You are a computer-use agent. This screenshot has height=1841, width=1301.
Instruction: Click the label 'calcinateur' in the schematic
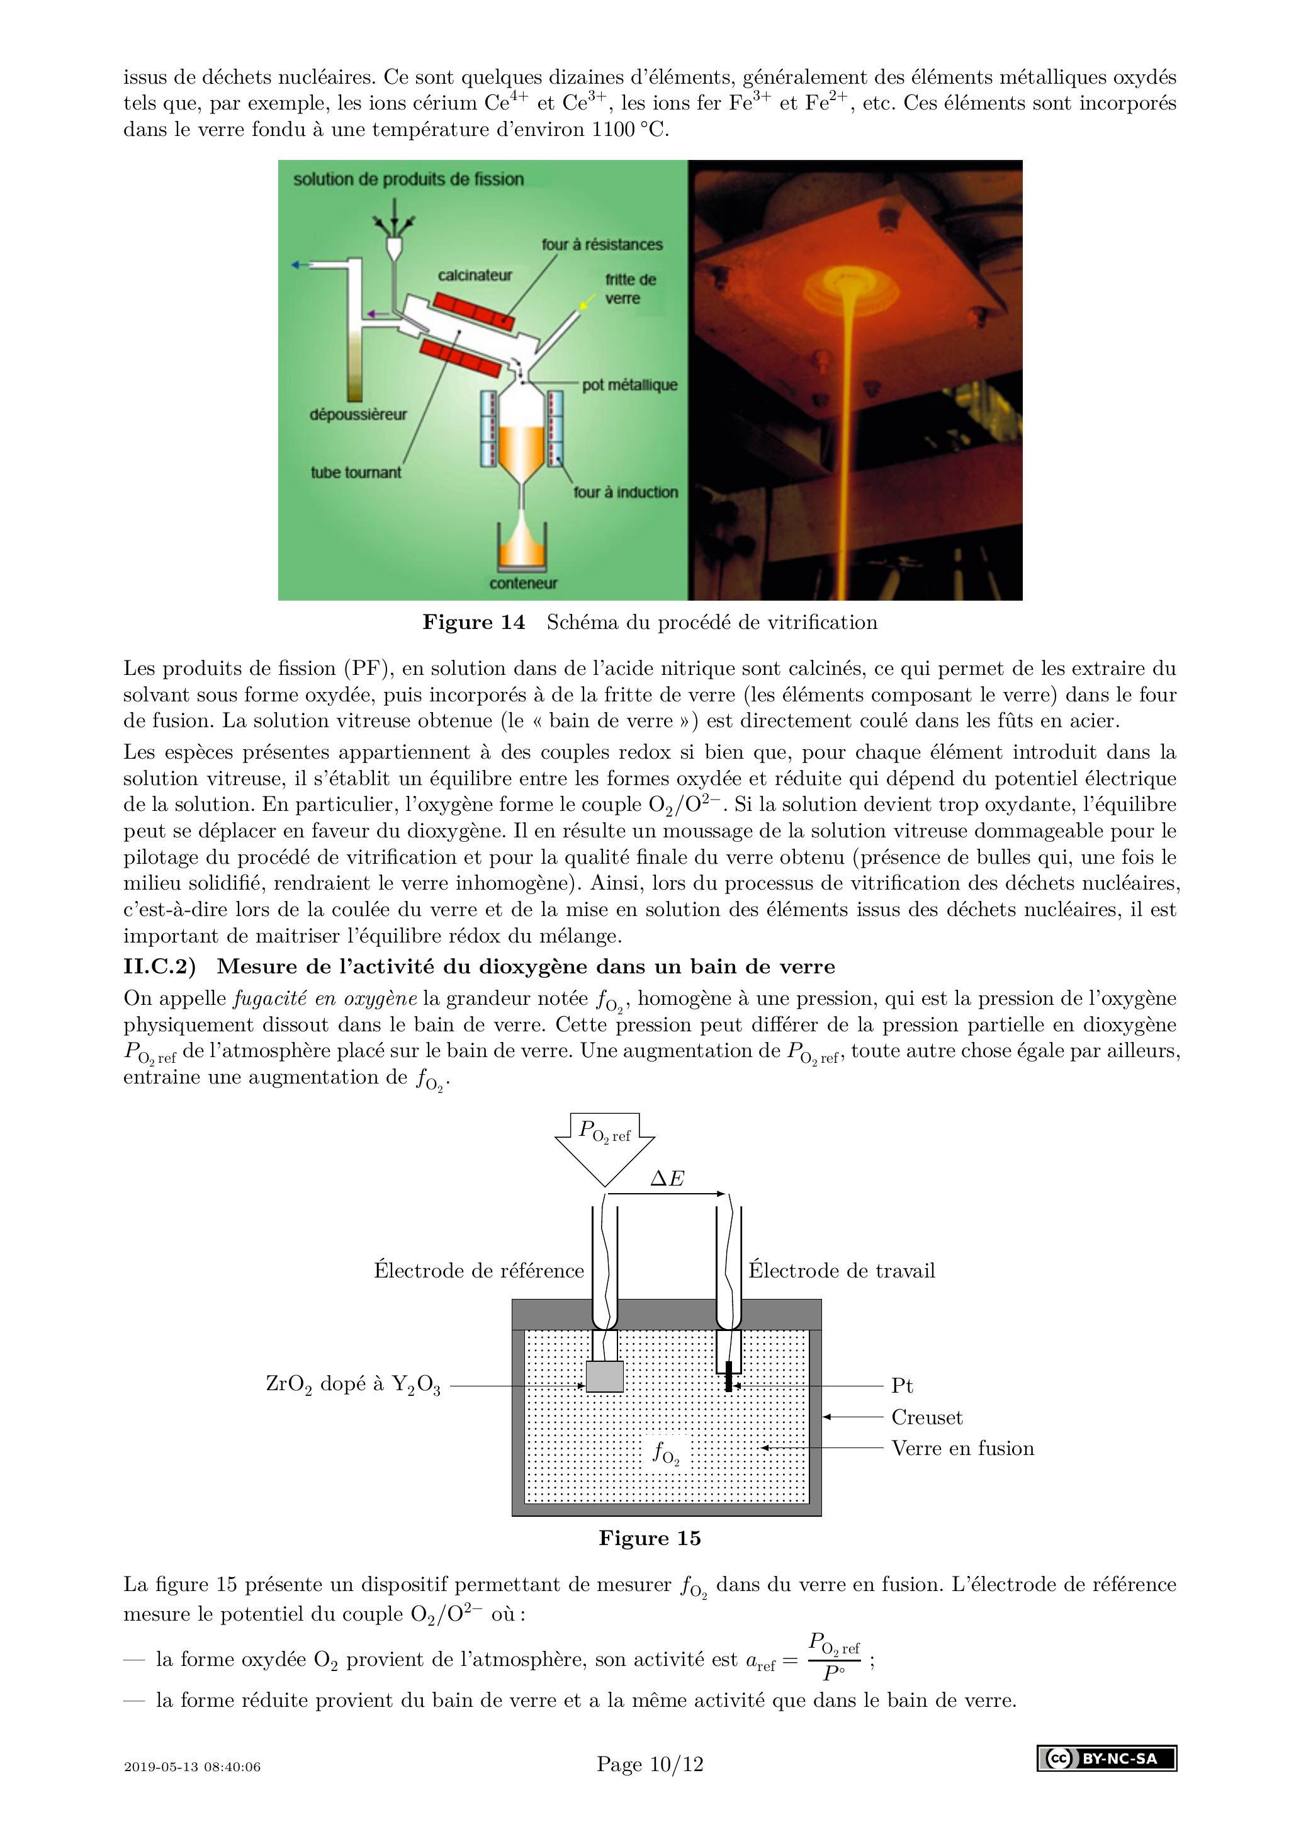tap(475, 275)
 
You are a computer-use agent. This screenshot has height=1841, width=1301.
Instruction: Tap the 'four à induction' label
tap(625, 492)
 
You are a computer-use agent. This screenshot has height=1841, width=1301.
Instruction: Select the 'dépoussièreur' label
tap(358, 414)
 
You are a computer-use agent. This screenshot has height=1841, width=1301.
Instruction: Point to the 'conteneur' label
tap(524, 583)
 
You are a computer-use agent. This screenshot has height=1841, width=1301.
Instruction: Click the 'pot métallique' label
tap(629, 385)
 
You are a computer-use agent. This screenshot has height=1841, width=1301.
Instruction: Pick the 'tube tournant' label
tap(356, 472)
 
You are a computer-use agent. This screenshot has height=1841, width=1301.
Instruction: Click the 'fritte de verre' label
tap(629, 288)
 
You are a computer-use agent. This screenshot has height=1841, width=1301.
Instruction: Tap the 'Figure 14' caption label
tap(474, 622)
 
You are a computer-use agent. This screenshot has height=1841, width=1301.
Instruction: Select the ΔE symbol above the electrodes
tap(667, 1178)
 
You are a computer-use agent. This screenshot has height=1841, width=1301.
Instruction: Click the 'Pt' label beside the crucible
tap(902, 1386)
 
